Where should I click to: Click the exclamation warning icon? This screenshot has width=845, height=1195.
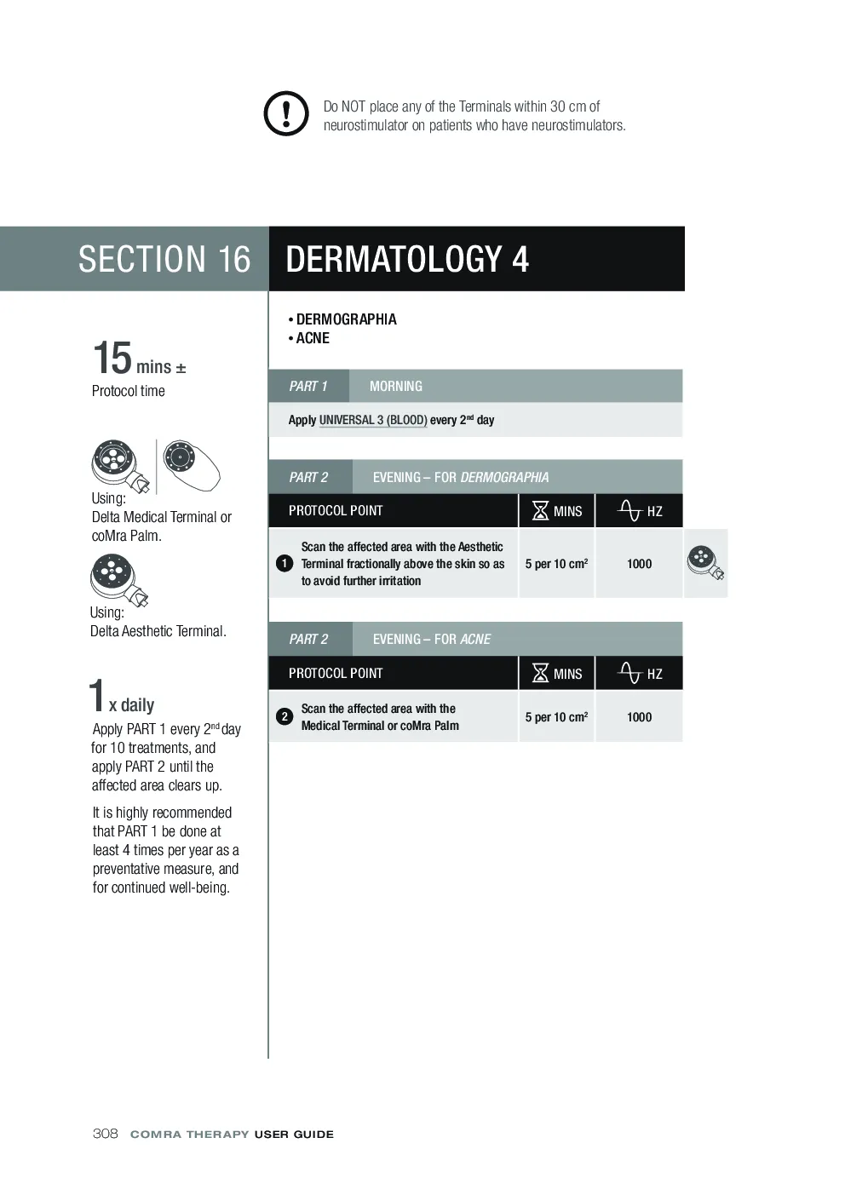pyautogui.click(x=286, y=113)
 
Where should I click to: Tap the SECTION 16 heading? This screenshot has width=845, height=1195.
pyautogui.click(x=164, y=259)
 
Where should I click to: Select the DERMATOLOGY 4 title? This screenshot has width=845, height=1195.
pyautogui.click(x=407, y=259)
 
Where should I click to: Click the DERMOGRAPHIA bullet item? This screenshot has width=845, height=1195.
pyautogui.click(x=342, y=319)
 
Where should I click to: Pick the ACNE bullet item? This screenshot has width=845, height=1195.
pyautogui.click(x=309, y=338)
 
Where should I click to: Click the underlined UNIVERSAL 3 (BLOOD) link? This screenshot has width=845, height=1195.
pyautogui.click(x=373, y=420)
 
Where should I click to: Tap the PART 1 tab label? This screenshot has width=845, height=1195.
pyautogui.click(x=308, y=386)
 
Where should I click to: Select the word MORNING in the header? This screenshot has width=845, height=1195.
pyautogui.click(x=396, y=386)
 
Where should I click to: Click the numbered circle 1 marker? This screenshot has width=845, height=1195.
pyautogui.click(x=285, y=563)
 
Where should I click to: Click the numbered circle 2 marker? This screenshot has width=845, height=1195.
pyautogui.click(x=285, y=716)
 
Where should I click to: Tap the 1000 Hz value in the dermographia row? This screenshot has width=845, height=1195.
pyautogui.click(x=639, y=564)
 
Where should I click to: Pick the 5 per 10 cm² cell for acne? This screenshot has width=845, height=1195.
pyautogui.click(x=556, y=717)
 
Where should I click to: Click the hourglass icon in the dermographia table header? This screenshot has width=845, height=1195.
pyautogui.click(x=540, y=510)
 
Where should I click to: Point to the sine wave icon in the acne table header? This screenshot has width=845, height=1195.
pyautogui.click(x=629, y=673)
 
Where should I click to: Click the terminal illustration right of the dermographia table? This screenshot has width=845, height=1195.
pyautogui.click(x=705, y=563)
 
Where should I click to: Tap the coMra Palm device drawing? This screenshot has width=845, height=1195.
pyautogui.click(x=191, y=464)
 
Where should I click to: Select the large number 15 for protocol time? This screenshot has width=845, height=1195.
pyautogui.click(x=112, y=358)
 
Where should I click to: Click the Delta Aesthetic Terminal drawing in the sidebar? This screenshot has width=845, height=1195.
pyautogui.click(x=119, y=580)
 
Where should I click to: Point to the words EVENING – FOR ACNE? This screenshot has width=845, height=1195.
pyautogui.click(x=432, y=639)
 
